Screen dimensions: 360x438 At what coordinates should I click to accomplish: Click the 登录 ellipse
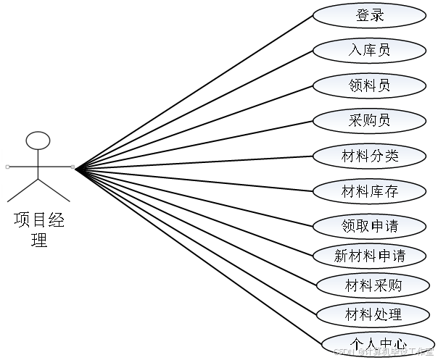point(369,15)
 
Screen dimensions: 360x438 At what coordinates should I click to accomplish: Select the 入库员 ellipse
point(369,50)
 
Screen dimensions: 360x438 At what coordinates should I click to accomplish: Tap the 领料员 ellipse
point(369,85)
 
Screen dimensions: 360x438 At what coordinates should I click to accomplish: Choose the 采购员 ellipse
point(369,120)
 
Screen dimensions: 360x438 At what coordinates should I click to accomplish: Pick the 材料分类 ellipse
point(369,156)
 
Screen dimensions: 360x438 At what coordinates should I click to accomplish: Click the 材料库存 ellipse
point(369,191)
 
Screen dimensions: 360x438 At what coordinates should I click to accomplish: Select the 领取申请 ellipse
point(369,226)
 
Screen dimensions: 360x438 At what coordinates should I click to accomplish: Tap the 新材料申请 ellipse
point(369,256)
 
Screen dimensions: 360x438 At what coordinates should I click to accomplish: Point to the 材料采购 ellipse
point(373,285)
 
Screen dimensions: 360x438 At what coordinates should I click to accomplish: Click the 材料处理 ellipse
point(373,315)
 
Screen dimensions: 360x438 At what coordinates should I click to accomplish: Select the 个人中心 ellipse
point(377,343)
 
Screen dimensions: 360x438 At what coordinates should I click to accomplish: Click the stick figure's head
point(38,141)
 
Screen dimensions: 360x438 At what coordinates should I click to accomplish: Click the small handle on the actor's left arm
point(7,167)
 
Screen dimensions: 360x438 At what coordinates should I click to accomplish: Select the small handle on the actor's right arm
point(73,167)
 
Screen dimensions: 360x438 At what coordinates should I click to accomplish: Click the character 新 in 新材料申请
point(342,256)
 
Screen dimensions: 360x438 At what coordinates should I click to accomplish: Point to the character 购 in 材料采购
point(394,285)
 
